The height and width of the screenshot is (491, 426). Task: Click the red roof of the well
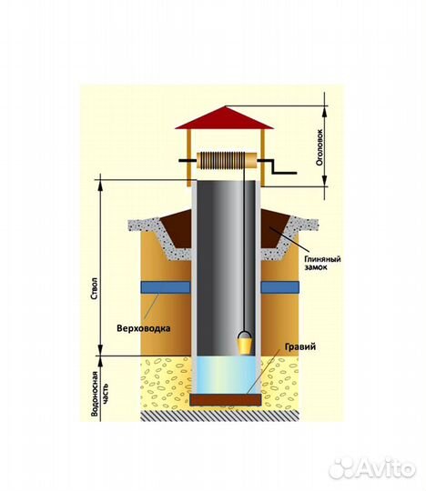tap(225, 118)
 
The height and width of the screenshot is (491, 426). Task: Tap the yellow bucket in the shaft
tap(245, 346)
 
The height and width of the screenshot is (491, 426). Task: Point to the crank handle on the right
tap(277, 166)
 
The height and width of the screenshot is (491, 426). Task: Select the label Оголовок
tap(319, 148)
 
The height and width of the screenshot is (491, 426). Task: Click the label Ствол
tap(96, 289)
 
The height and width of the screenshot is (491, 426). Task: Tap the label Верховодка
tap(144, 328)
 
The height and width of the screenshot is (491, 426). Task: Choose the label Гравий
tap(300, 347)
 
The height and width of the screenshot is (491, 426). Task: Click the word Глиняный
tap(322, 259)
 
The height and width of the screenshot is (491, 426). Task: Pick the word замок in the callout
tap(316, 267)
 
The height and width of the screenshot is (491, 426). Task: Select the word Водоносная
tap(95, 394)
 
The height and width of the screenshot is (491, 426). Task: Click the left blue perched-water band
tap(166, 287)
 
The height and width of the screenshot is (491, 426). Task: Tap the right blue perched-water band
tap(279, 287)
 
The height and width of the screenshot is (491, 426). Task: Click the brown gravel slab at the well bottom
tap(226, 399)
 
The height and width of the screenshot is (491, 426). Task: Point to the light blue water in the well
tap(226, 376)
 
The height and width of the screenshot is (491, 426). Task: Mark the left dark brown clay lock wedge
tap(176, 228)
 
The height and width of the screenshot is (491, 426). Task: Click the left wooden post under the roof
tap(188, 157)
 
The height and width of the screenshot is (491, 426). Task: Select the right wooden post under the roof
tap(262, 157)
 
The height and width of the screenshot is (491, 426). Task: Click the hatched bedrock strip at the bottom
tap(219, 416)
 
